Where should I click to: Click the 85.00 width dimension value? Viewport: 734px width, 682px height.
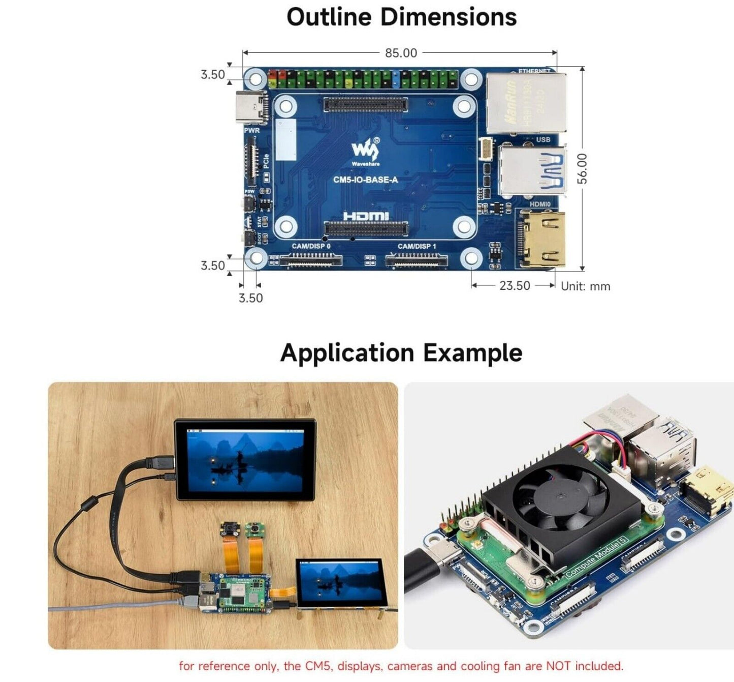(x=401, y=53)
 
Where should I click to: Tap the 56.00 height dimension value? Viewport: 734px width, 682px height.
(x=582, y=168)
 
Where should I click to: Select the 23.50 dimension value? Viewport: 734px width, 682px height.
(x=515, y=286)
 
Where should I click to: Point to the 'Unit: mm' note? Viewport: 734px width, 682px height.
(x=585, y=286)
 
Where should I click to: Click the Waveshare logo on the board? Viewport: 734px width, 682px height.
(x=365, y=152)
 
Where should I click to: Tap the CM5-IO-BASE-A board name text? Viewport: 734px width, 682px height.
(x=365, y=180)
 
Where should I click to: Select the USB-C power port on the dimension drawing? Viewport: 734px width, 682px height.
(x=252, y=107)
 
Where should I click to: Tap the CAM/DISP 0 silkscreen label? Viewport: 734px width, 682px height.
(x=311, y=246)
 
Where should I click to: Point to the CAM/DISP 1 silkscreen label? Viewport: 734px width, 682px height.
(x=417, y=246)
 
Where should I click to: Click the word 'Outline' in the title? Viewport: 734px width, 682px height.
(x=329, y=17)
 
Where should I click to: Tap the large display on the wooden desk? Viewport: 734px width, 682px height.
(x=245, y=460)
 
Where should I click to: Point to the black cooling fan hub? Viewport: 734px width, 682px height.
(x=559, y=496)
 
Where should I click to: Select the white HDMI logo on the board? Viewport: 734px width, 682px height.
(x=366, y=216)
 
